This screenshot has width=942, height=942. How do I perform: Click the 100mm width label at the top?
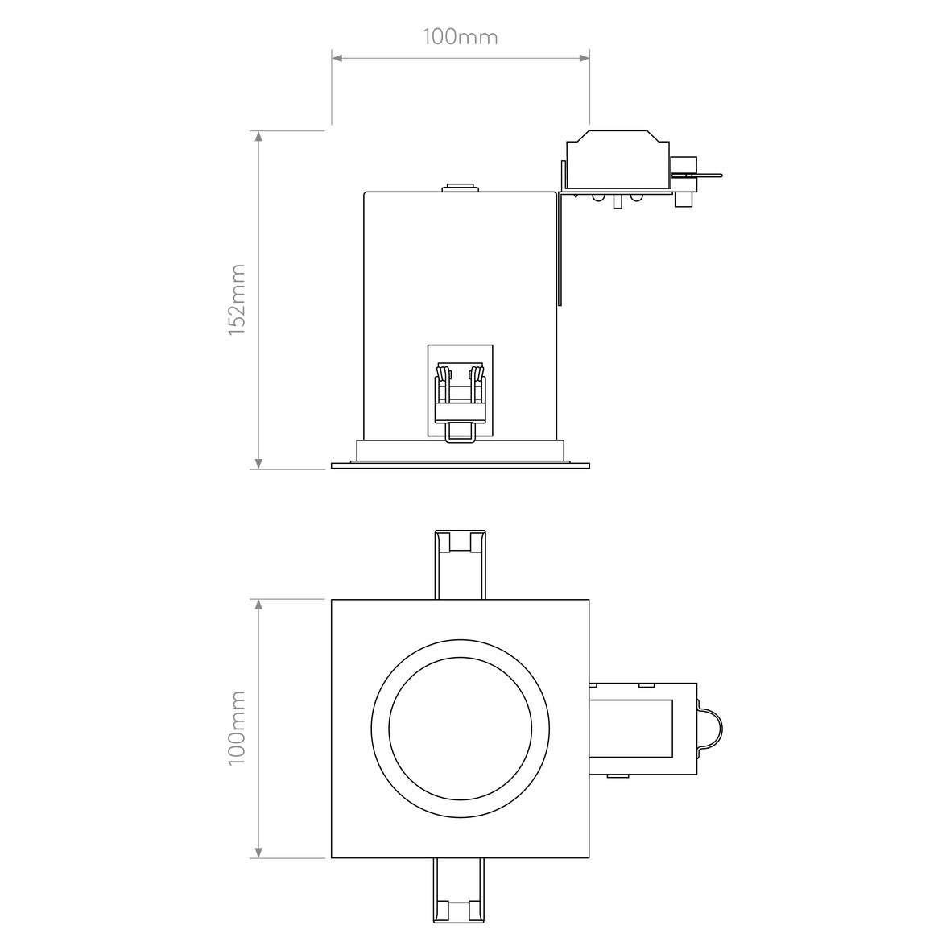click(x=460, y=37)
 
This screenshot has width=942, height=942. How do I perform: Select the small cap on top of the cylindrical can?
click(x=460, y=188)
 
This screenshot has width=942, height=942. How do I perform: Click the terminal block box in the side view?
click(x=618, y=163)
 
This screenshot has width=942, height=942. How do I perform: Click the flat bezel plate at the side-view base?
click(x=461, y=465)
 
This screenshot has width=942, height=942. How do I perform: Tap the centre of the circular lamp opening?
click(x=460, y=728)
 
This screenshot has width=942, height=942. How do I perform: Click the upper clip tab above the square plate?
click(x=460, y=564)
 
